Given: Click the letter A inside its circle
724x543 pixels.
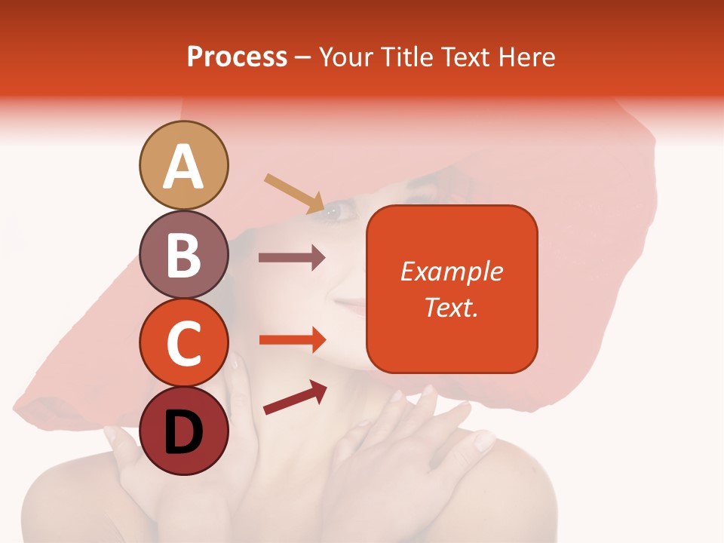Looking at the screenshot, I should click(184, 167).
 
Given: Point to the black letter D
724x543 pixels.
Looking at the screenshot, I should click(184, 433).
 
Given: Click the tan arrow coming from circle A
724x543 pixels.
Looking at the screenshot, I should click(295, 193).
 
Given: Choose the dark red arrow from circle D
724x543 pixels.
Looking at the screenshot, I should click(295, 397).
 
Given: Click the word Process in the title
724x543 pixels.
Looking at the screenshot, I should click(237, 57).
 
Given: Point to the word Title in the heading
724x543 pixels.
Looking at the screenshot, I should click(408, 57).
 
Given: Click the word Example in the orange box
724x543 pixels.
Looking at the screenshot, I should click(452, 271).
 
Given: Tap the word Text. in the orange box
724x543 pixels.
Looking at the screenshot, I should click(452, 307).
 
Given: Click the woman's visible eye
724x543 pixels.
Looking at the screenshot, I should click(339, 212).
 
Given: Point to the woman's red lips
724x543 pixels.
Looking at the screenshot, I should click(348, 305).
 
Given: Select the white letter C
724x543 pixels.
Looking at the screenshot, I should click(184, 344).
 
